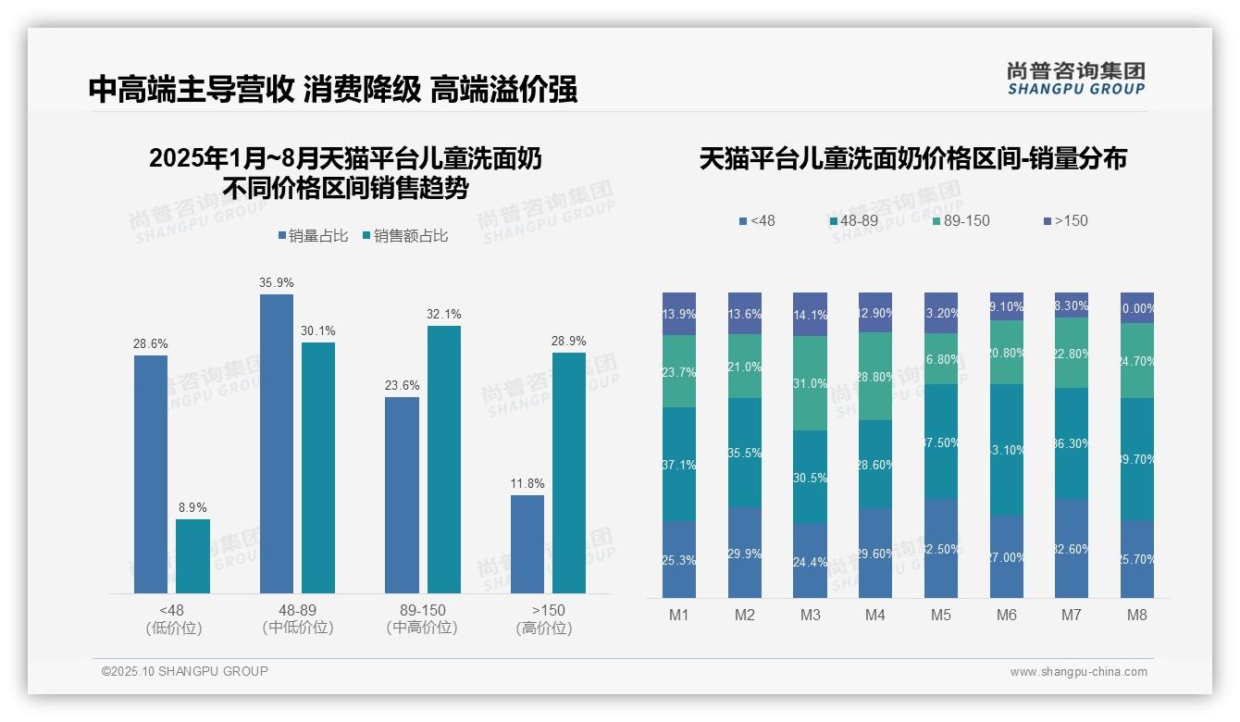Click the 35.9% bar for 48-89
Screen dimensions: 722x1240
click(x=276, y=443)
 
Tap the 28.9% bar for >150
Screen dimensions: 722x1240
click(x=568, y=472)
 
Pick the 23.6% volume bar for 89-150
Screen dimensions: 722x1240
click(x=402, y=495)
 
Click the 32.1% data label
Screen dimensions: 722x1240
click(x=443, y=314)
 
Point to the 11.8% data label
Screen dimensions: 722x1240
click(x=527, y=483)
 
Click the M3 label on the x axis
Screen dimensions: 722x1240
click(x=810, y=615)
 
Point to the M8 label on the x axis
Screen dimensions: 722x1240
click(x=1137, y=615)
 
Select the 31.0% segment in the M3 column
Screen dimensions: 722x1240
click(x=810, y=382)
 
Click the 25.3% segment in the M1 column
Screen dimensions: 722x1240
click(x=679, y=559)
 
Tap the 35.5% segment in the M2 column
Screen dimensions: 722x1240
click(x=744, y=453)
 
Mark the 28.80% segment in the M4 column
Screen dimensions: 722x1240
click(x=875, y=376)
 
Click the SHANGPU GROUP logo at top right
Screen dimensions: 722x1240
click(x=1075, y=79)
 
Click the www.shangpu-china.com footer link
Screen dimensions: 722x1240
click(x=1078, y=672)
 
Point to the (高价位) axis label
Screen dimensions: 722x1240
click(x=544, y=628)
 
